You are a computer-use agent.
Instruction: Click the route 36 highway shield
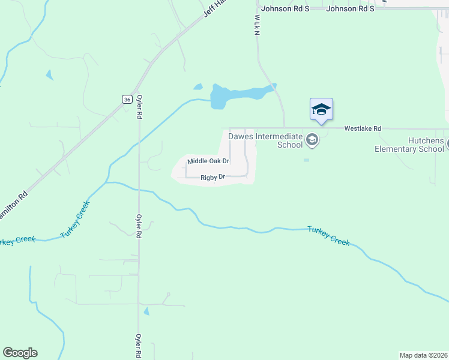click(x=126, y=99)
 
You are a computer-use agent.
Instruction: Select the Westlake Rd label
click(x=363, y=128)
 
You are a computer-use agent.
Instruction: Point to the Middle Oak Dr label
click(x=208, y=161)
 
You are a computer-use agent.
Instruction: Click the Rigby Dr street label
click(x=212, y=177)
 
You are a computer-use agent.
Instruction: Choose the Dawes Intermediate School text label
click(x=265, y=140)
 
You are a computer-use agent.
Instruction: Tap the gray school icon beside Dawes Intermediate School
click(x=312, y=140)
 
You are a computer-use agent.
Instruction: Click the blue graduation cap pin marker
click(x=321, y=110)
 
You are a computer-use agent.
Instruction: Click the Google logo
click(x=20, y=353)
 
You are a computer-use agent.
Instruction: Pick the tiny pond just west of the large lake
click(x=198, y=87)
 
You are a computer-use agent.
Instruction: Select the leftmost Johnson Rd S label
click(x=285, y=9)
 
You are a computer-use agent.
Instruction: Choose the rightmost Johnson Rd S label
click(x=350, y=9)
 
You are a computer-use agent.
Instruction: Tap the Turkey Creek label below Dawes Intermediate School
click(x=328, y=235)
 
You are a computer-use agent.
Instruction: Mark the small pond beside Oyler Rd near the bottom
click(x=146, y=311)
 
